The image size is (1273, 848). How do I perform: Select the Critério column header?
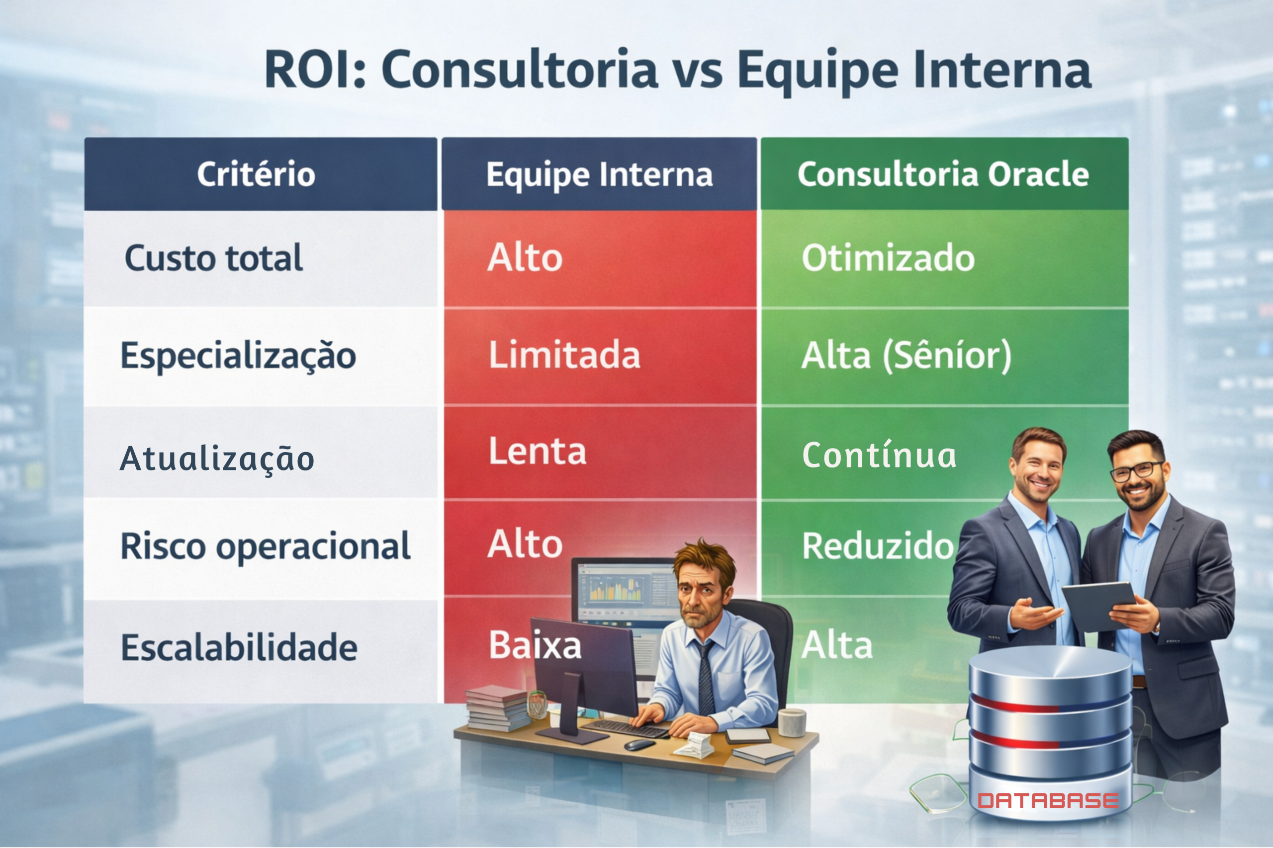256,174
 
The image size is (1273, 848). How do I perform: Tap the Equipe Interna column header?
599,174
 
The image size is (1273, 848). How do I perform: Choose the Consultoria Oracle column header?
943,174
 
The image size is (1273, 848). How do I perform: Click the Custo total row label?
213,258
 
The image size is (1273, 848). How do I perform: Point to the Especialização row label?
238,356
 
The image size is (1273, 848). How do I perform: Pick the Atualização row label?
216,458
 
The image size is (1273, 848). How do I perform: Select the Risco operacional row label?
265,546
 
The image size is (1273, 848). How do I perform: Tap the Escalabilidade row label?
239,647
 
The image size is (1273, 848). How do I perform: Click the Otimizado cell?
888,258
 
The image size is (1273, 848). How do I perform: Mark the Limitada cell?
564,355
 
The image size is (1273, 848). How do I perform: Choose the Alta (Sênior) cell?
906,355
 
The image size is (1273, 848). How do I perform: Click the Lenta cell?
538,451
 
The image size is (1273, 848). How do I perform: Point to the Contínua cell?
879,456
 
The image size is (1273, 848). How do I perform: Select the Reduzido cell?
877,546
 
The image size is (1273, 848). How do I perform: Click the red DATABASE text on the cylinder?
1048,801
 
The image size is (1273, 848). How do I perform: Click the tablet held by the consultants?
1099,605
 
